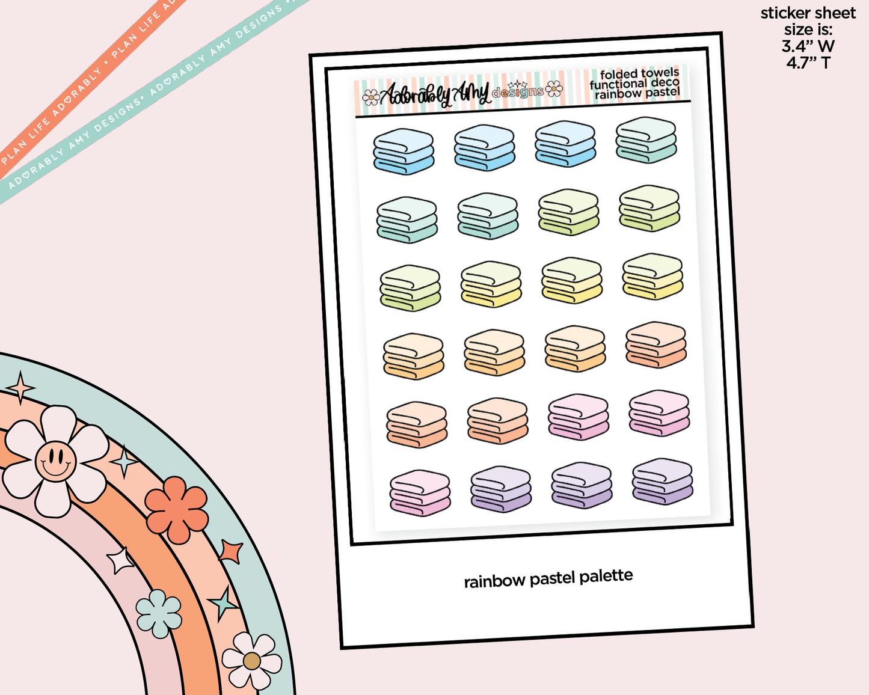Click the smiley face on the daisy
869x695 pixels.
(55, 461)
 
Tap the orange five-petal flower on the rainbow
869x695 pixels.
(176, 510)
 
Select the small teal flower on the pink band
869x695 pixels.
(159, 613)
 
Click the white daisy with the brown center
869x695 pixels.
(251, 661)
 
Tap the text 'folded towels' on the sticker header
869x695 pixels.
(639, 74)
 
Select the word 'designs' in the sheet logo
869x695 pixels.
(517, 92)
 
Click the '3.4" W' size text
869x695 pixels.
(808, 46)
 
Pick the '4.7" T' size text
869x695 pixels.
(808, 63)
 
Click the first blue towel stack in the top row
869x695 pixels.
(403, 151)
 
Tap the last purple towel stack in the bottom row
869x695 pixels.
(662, 481)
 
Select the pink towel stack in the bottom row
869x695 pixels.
(420, 493)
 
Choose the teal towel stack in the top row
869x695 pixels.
(646, 140)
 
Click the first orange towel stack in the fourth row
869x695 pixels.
(413, 356)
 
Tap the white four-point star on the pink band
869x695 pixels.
(120, 561)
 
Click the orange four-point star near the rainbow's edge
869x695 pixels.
(231, 551)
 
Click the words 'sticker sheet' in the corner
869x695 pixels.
(808, 13)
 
